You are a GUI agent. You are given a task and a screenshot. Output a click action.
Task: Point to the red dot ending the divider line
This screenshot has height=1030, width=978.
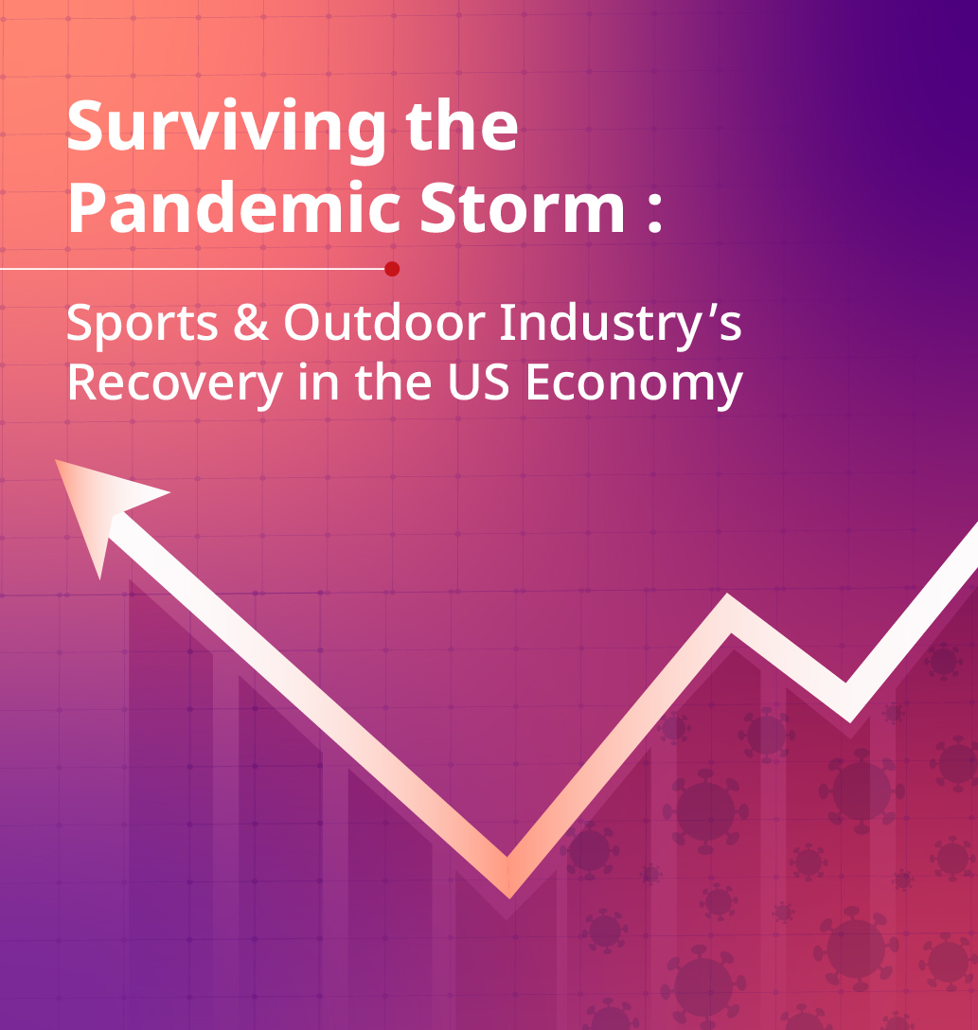392,269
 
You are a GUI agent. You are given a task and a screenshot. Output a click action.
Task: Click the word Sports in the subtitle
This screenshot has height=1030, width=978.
142,323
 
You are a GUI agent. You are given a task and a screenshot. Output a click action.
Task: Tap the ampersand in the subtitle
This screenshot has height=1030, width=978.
251,322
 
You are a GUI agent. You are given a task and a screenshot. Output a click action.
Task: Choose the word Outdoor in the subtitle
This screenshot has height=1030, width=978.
384,322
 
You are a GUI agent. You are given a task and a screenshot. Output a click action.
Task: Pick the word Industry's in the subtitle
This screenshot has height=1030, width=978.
621,323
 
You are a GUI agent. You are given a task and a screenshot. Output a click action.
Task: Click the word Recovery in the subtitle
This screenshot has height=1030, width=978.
175,384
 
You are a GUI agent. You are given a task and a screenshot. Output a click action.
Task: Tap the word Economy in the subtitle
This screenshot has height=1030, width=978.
633,384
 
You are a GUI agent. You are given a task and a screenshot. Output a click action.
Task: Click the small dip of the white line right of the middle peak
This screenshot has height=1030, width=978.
847,702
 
